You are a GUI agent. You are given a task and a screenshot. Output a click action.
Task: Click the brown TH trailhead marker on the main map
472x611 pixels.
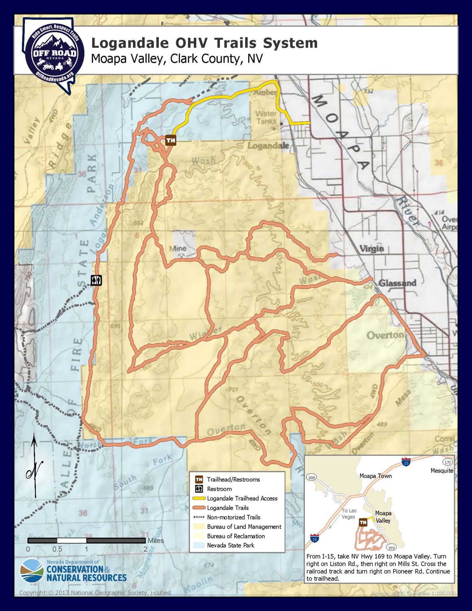point(171,140)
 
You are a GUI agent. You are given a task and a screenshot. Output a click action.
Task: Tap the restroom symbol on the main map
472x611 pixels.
point(96,280)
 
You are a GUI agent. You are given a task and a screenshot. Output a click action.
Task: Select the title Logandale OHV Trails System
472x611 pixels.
point(204,43)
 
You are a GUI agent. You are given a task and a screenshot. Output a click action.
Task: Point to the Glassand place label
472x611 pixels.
point(397,283)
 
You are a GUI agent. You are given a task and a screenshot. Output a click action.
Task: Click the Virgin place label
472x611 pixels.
point(372,248)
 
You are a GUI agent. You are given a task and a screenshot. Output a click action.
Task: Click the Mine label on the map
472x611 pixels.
point(178,248)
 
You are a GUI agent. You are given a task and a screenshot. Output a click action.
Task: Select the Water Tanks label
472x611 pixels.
point(266,117)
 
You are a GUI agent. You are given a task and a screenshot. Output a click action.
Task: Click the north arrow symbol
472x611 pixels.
point(35,466)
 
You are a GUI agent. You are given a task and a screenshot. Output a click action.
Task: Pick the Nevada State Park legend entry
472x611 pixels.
point(230,545)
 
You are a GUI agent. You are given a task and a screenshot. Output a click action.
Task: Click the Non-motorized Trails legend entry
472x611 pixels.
point(233,517)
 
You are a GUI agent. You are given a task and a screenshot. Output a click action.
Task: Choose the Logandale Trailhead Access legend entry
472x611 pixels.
point(242,498)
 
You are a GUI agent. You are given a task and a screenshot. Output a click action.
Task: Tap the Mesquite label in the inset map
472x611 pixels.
point(442,470)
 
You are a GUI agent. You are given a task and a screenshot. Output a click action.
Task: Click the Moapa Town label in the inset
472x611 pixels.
point(375,476)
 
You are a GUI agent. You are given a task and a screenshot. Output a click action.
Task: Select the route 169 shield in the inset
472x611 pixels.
point(391,548)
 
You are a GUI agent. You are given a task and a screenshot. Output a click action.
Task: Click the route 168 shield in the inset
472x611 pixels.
point(311,477)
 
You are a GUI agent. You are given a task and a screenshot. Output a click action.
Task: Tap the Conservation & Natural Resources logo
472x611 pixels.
point(73,571)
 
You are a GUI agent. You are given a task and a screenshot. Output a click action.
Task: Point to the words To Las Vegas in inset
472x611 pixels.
point(349,514)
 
